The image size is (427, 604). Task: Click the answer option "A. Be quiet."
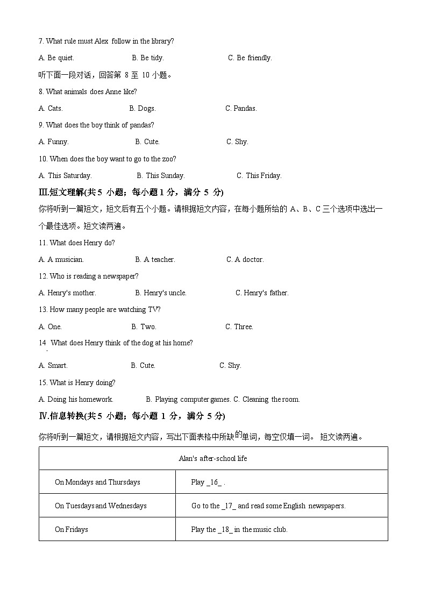click(56, 58)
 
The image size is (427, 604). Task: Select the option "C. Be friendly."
click(250, 58)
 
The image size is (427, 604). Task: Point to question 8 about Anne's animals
click(88, 91)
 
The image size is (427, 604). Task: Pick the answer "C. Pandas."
click(241, 108)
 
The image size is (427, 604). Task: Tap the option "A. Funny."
click(54, 141)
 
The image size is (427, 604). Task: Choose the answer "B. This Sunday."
click(161, 175)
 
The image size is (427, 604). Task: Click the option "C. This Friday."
click(259, 175)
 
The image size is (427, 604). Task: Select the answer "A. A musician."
click(61, 259)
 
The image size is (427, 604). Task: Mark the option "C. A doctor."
click(245, 259)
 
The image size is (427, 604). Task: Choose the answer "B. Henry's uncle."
click(161, 293)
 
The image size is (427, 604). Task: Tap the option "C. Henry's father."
click(262, 293)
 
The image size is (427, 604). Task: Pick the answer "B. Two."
click(144, 326)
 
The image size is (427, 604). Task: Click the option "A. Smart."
click(53, 365)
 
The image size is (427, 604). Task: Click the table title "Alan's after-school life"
click(213, 458)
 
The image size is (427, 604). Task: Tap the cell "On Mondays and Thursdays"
click(97, 482)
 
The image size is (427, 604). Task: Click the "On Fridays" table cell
click(72, 529)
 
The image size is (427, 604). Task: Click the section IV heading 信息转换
click(132, 416)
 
